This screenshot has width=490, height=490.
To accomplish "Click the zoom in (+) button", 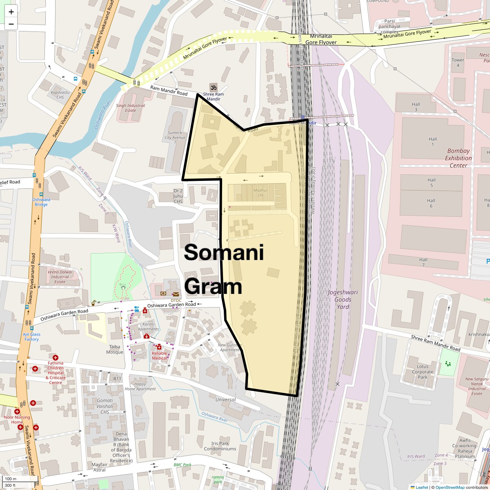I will coord(11,12).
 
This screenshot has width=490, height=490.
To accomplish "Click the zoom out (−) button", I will coord(11,24).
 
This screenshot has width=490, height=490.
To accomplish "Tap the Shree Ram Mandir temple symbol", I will coord(213,87).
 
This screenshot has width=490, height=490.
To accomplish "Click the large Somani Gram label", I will coord(224,269).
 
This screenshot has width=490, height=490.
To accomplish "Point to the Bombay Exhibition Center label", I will coord(458,158).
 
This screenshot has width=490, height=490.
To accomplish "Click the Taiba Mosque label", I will coord(114,349).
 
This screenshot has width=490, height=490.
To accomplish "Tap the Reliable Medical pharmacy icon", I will coord(159,347).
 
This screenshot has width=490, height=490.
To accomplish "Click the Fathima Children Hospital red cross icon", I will coord(56,358).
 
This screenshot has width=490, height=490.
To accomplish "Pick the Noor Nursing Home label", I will coord(17,419).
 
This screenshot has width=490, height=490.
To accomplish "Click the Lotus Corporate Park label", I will coord(423,372).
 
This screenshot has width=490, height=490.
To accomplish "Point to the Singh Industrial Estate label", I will coord(131,108).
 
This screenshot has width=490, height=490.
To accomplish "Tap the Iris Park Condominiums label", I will coord(220,446).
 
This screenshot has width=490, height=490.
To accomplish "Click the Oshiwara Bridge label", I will coord(41,202).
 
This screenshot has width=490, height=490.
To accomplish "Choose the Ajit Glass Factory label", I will coord(31,337).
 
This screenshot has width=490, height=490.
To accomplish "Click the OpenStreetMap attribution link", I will coord(450,487).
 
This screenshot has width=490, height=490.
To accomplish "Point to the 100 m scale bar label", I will coord(11,479).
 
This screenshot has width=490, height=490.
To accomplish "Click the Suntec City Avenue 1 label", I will coord(175,137).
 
